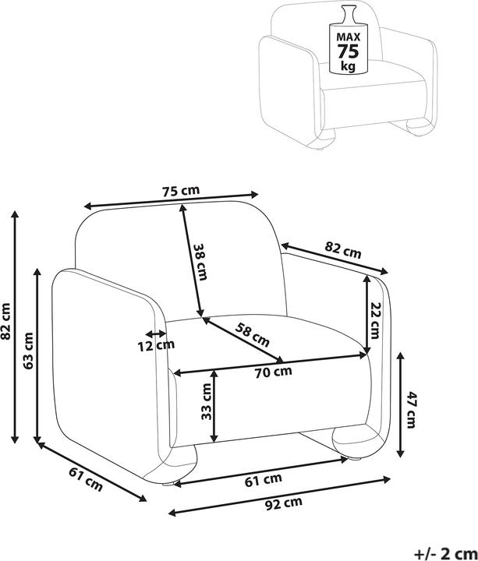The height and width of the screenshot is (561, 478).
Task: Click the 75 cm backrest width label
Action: click(x=181, y=191)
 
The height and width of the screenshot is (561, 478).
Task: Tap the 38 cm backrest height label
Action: click(x=200, y=262)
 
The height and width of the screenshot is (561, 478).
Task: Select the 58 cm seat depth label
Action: click(x=253, y=334)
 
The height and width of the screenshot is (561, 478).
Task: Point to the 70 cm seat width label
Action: click(x=274, y=372)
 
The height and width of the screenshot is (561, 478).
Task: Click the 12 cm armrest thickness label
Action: click(x=156, y=346)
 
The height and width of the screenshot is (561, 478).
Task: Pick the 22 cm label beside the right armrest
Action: click(x=375, y=320)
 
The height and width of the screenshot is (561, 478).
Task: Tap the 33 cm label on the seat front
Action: click(x=206, y=401)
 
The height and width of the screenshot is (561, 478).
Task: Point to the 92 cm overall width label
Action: click(x=284, y=503)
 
